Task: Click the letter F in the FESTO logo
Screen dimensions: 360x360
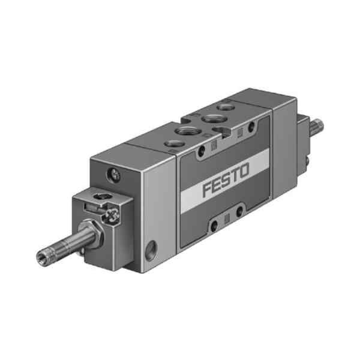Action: click(208, 189)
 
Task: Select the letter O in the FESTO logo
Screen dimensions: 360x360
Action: click(244, 171)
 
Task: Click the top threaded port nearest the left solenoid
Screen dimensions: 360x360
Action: click(175, 144)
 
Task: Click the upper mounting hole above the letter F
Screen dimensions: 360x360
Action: click(202, 151)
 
